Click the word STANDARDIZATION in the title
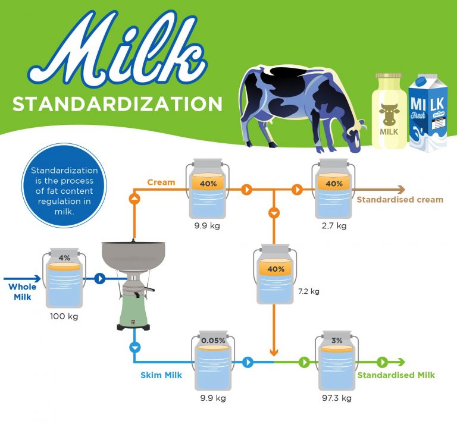[117, 103]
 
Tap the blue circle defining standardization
[64, 188]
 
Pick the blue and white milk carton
[427, 113]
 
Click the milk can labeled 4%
[64, 279]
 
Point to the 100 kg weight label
[64, 316]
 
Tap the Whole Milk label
[22, 291]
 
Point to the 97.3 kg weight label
[337, 398]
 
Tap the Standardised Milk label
[396, 375]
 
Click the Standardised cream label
[399, 200]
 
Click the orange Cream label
[161, 182]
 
